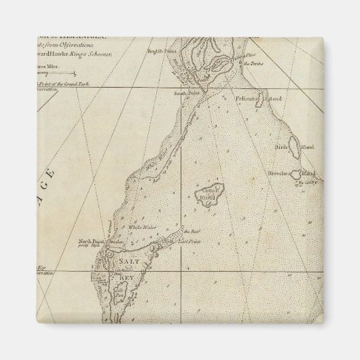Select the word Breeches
tap(279, 174)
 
